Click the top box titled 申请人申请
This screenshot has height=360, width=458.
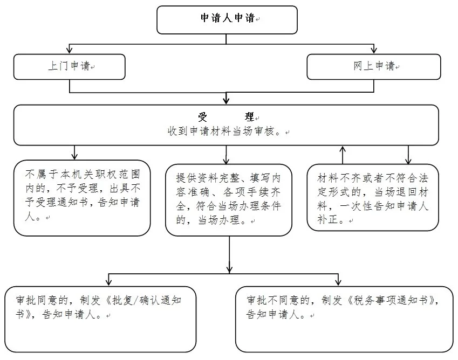[x=227, y=20]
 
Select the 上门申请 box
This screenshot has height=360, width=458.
[x=69, y=67]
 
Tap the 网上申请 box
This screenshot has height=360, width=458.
[x=374, y=67]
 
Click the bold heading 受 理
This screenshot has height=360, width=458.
[x=226, y=117]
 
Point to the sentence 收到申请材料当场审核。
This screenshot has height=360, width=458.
[x=225, y=131]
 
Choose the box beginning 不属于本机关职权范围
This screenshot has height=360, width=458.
[x=82, y=198]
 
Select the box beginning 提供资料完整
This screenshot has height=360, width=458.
[x=229, y=200]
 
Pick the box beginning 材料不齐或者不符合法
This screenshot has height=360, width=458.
[x=373, y=197]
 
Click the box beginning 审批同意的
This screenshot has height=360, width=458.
[x=100, y=319]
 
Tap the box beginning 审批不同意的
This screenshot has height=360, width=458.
[x=344, y=319]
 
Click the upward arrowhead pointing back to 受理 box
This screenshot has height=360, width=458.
[x=343, y=149]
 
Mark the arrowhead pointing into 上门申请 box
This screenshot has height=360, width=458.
[x=69, y=50]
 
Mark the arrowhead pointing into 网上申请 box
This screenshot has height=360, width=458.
[x=374, y=50]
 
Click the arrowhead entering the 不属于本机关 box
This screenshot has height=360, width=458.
[x=74, y=156]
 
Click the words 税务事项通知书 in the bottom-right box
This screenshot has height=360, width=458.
[x=391, y=300]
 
